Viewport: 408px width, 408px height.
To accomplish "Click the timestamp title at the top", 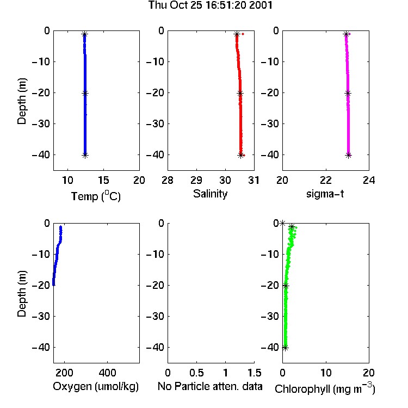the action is (x=210, y=5).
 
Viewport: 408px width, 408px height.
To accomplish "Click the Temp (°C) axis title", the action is (x=96, y=196).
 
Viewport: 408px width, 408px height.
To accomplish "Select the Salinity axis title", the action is (x=210, y=194).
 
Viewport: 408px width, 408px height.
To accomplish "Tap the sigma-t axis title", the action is (x=325, y=194).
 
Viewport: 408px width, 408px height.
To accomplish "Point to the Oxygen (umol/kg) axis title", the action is (x=96, y=387).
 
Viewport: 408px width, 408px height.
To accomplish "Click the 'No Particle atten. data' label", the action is (x=210, y=386).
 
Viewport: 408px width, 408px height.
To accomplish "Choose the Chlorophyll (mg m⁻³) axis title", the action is (x=325, y=388).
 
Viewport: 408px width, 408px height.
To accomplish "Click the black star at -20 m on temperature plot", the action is (x=85, y=93).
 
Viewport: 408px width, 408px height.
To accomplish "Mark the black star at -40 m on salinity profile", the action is (x=240, y=156).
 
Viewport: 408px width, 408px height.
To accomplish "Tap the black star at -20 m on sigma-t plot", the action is (x=348, y=94).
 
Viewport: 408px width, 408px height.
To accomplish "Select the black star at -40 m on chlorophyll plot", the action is (x=286, y=348).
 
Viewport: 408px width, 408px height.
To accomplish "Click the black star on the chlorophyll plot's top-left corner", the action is (x=282, y=223).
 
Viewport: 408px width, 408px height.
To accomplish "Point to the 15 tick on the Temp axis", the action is (x=103, y=180).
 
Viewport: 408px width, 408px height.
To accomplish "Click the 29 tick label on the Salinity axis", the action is (x=196, y=180).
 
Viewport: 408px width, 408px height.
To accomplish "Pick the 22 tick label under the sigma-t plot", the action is (x=326, y=180).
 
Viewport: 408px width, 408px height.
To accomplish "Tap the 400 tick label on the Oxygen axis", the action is (x=108, y=373).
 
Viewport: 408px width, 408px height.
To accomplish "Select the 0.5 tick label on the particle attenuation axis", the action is (x=196, y=373).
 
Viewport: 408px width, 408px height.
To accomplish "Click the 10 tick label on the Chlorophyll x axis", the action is (x=326, y=373).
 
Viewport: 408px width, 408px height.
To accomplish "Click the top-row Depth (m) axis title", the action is (x=22, y=101).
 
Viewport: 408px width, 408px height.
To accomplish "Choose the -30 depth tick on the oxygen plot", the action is (x=41, y=316).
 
